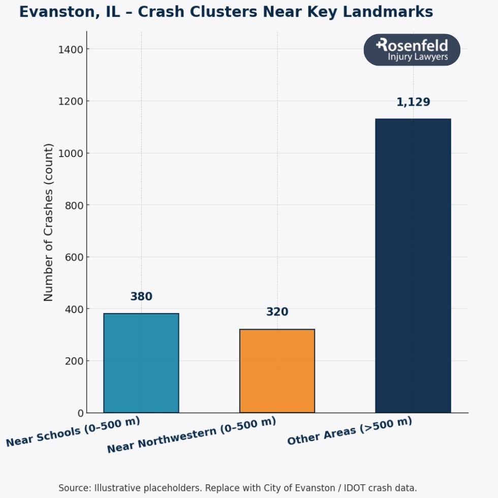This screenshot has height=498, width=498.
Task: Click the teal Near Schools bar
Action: (x=141, y=363)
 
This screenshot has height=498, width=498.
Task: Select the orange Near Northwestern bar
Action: (x=277, y=371)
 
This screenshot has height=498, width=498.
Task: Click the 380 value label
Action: (x=141, y=297)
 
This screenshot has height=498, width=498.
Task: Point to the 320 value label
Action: (x=277, y=312)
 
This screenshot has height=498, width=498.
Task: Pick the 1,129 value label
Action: (x=413, y=102)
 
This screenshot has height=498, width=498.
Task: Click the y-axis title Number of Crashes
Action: (x=48, y=222)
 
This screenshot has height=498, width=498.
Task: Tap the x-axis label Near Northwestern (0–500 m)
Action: (x=191, y=435)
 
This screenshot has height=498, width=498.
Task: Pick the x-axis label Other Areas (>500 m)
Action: (x=349, y=431)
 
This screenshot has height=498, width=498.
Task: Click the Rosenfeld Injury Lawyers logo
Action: (x=412, y=50)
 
